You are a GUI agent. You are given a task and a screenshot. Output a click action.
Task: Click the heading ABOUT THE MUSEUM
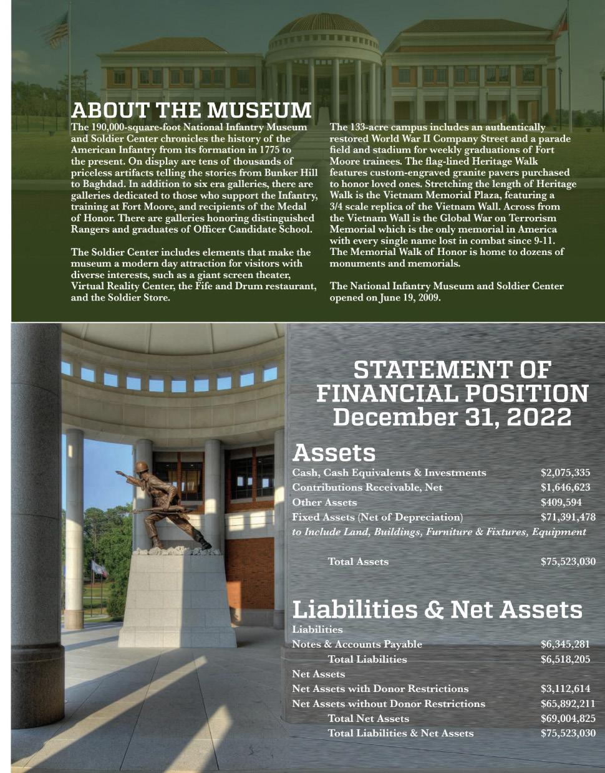pos(191,110)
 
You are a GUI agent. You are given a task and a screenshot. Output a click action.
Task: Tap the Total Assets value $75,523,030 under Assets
pos(568,562)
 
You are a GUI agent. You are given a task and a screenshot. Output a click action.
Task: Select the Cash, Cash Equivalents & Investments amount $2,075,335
pos(565,473)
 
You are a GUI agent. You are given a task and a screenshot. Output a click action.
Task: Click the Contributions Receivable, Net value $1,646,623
pos(565,487)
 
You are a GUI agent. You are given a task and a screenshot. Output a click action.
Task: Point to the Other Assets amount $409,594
pos(561,502)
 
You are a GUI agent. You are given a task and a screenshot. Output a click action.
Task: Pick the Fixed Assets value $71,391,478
pos(568,517)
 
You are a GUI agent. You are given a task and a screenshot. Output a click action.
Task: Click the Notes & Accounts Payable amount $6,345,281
pos(565,645)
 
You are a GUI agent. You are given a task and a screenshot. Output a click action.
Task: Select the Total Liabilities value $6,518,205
pos(565,660)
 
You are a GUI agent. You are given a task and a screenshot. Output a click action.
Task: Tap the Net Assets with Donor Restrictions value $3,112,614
pos(565,689)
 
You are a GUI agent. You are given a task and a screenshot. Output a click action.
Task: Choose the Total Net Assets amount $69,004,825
pos(568,719)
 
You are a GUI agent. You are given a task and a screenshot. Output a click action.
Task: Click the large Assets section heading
pos(334,452)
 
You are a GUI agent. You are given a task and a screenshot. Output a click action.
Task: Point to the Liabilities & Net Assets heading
pos(437,609)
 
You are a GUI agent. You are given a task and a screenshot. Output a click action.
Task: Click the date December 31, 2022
pos(452,417)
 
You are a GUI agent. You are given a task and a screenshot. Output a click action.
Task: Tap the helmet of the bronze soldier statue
pos(142,467)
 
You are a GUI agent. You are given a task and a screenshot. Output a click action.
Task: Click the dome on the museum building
pos(323,26)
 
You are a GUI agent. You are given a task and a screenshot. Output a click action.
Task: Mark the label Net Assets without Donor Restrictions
pos(388,704)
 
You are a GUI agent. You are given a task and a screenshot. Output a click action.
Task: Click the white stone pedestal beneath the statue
pos(177,598)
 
